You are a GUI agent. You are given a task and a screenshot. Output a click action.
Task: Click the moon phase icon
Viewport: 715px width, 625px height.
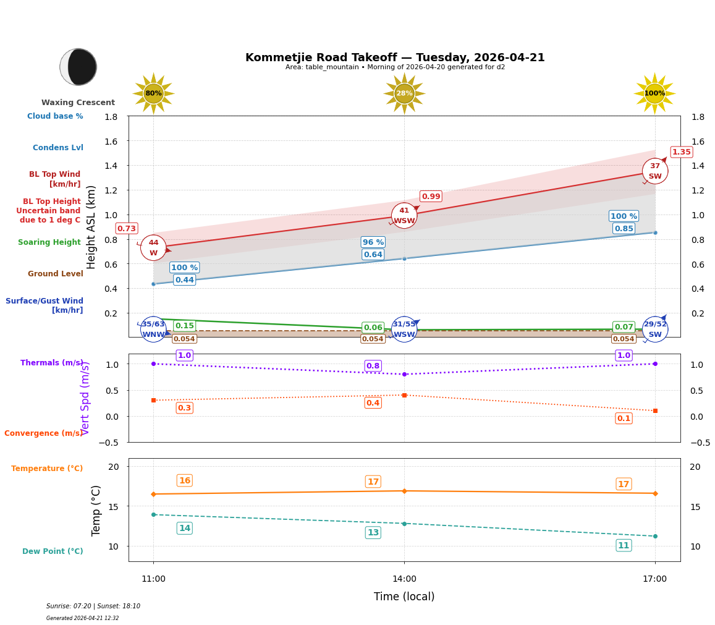[78, 67]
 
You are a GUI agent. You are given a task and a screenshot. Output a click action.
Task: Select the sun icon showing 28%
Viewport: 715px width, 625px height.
[404, 93]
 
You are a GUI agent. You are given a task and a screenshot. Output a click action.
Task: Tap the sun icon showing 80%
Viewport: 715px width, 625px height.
[153, 93]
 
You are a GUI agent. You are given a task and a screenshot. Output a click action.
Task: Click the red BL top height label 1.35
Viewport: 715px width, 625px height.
[681, 152]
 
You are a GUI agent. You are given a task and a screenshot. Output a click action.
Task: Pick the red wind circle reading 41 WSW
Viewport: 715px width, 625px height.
[404, 216]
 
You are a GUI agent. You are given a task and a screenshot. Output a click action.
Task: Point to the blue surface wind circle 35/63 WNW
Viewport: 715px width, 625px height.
[153, 329]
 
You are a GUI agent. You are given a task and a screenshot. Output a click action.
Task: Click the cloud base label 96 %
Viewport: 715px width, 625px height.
[373, 242]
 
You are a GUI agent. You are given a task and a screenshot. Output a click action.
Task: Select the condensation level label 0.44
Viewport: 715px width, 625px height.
[184, 280]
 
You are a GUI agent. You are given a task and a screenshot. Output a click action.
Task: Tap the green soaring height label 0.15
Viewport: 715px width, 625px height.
[184, 326]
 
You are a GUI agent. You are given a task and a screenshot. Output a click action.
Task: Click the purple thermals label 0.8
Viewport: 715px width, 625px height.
[373, 366]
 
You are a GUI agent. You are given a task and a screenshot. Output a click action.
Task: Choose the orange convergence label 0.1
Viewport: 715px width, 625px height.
[624, 419]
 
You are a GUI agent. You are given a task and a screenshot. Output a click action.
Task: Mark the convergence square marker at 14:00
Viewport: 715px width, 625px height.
[404, 395]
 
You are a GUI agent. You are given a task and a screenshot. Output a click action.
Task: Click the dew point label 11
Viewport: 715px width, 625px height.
[624, 545]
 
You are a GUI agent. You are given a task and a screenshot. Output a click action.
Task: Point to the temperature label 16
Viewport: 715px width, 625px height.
[184, 480]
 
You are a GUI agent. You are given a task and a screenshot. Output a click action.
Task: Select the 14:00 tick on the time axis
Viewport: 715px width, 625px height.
[404, 579]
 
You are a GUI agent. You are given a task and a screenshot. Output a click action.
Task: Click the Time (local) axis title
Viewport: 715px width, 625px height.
[404, 597]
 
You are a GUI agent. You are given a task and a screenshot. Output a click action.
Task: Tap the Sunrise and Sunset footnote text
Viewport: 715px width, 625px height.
[93, 606]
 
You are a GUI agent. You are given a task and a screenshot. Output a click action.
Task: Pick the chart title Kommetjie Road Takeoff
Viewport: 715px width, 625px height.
[395, 57]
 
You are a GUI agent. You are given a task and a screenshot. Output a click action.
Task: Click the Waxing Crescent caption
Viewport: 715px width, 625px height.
[78, 103]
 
